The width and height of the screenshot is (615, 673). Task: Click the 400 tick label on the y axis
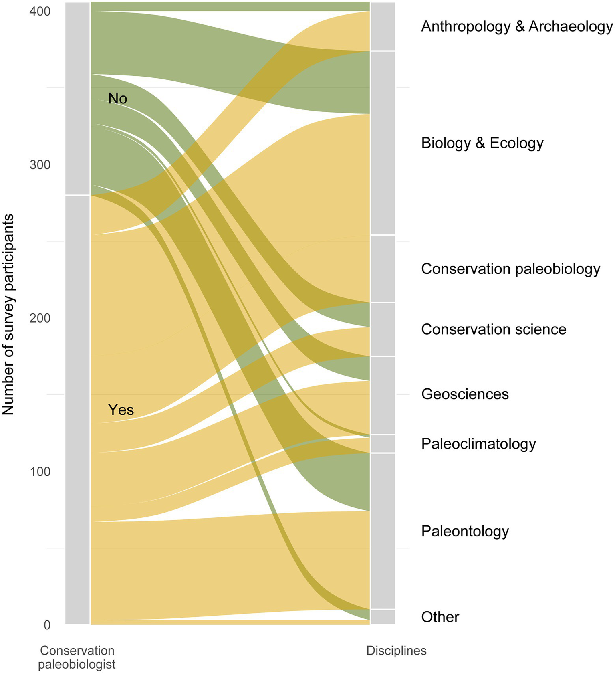tap(40, 12)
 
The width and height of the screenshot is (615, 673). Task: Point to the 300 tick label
tap(40, 165)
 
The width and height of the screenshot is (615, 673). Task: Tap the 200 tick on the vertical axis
tap(40, 318)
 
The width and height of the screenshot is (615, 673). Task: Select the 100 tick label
tap(40, 472)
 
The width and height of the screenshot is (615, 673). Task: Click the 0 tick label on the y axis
tap(47, 625)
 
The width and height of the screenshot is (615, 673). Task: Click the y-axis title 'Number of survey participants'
tap(8, 315)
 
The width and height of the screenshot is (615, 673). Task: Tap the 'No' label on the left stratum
tap(117, 98)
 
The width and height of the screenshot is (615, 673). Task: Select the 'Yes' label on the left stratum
tap(121, 410)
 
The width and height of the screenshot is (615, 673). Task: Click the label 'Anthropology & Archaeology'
tap(517, 26)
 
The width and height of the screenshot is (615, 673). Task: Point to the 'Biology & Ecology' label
tap(482, 143)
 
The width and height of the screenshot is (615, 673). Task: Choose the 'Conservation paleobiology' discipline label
tap(510, 269)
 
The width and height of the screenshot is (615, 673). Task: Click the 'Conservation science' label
tap(494, 329)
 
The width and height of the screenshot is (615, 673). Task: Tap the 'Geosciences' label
tap(465, 394)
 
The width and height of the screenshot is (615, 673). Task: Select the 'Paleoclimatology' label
tap(478, 444)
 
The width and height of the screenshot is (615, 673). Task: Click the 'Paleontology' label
tap(465, 531)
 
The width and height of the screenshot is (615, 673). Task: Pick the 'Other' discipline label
tap(440, 617)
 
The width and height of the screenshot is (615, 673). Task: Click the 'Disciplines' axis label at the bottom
tap(396, 651)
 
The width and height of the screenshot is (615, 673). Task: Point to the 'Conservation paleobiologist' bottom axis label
tap(77, 657)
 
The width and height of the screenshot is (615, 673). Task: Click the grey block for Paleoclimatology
tap(383, 444)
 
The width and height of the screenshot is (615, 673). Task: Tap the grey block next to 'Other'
tap(383, 617)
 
